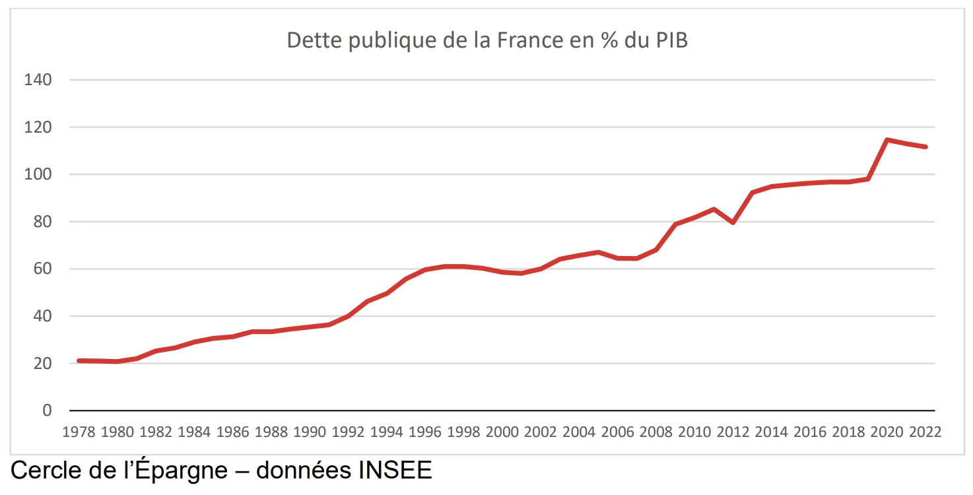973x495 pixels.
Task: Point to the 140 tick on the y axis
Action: click(38, 80)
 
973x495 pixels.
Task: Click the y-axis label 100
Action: click(38, 174)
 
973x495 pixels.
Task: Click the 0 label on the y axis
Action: click(47, 411)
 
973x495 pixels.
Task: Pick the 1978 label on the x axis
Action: click(79, 432)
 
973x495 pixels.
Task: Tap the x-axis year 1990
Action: click(309, 432)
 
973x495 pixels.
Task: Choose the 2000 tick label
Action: click(502, 432)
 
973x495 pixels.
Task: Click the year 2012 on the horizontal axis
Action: click(733, 432)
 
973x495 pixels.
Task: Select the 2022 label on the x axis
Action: click(925, 432)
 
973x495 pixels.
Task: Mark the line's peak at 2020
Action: click(887, 139)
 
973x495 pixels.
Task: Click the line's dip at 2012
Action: click(733, 222)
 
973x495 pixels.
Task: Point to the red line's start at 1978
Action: click(79, 360)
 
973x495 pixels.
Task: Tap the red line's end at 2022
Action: click(925, 147)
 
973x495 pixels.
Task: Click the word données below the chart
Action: click(303, 471)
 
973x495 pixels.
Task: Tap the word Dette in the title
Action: click(314, 40)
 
